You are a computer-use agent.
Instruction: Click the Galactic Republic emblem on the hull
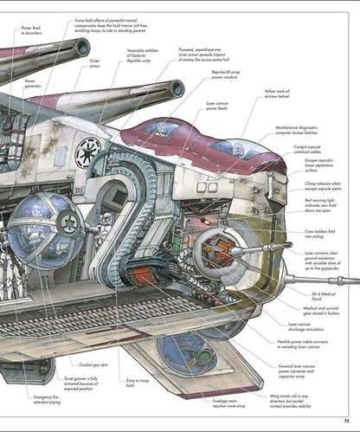tap(87, 153)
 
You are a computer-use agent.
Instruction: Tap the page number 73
tap(345, 420)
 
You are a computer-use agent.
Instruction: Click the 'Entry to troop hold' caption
tap(138, 384)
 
